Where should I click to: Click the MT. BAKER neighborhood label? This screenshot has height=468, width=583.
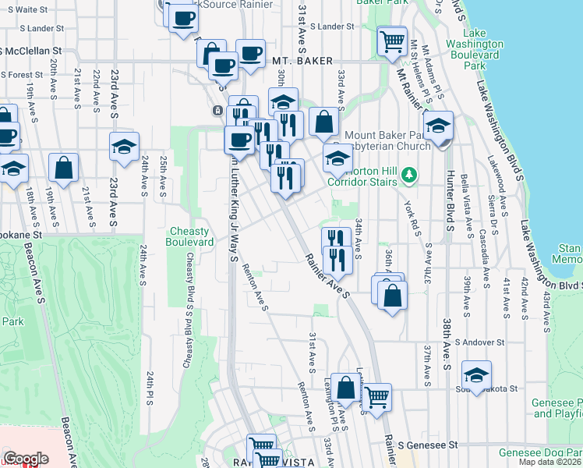[x=303, y=61]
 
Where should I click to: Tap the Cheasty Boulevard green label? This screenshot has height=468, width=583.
[x=193, y=236]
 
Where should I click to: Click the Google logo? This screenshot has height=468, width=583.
[x=25, y=459]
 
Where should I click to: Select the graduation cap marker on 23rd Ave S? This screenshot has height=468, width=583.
[x=123, y=147]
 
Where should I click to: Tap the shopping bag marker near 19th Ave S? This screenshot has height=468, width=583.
[x=64, y=168]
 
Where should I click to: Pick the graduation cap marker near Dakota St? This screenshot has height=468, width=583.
[x=476, y=374]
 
